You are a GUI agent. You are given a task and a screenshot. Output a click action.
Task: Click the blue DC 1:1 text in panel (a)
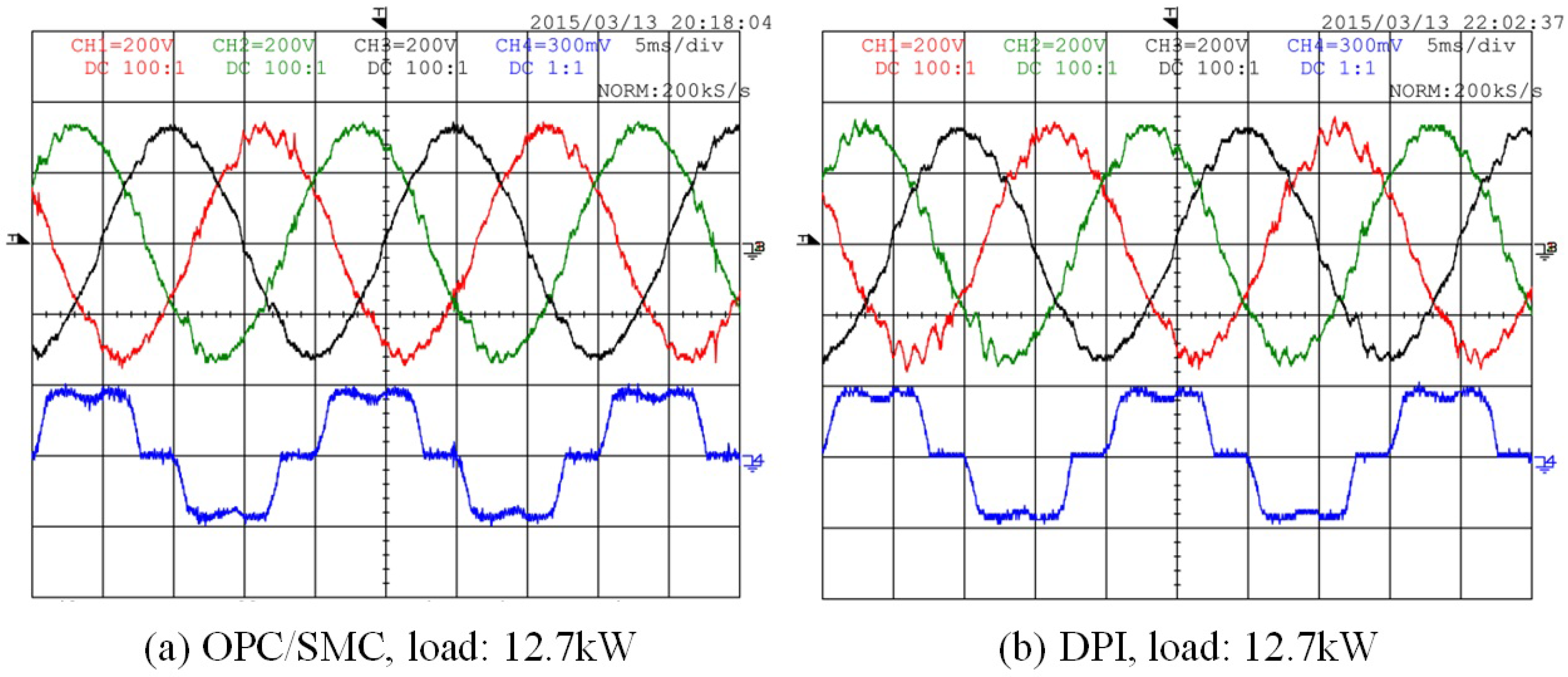pyautogui.click(x=546, y=68)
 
